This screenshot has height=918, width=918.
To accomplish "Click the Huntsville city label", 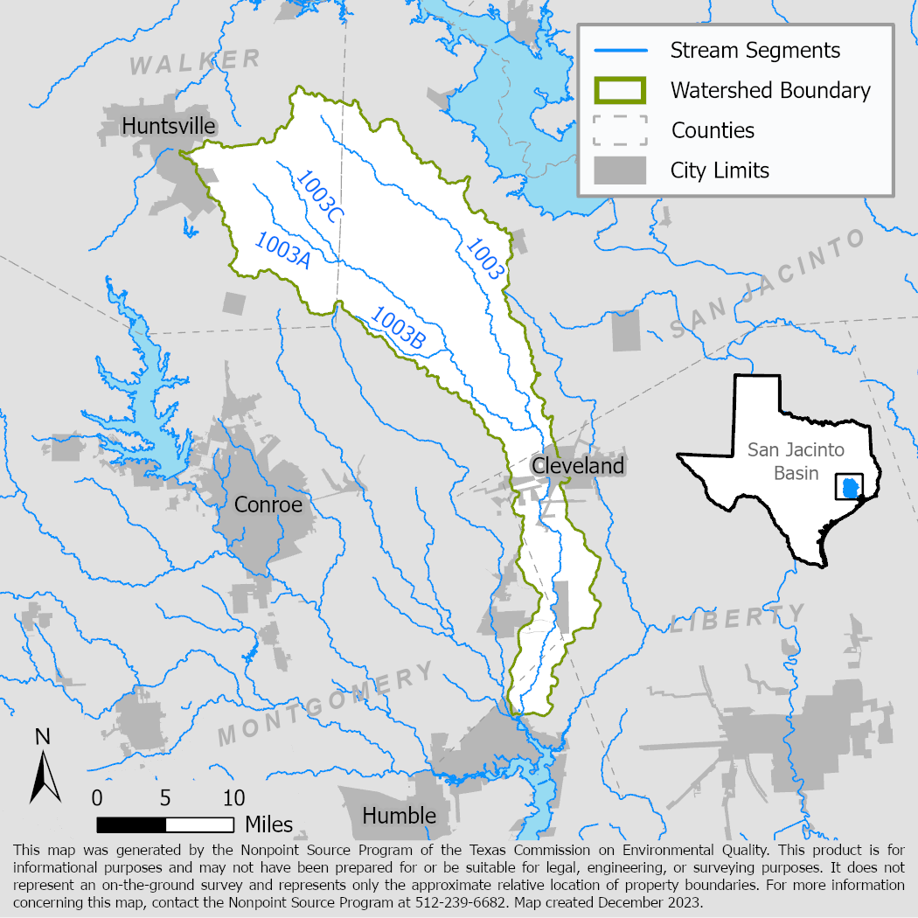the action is coord(169,126).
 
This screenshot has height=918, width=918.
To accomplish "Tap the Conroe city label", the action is coord(268,505).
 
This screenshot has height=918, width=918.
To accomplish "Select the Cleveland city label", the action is coord(578,465).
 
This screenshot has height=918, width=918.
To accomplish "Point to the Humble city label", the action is coord(399,816).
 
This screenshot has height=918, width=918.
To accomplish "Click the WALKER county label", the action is coord(196,62).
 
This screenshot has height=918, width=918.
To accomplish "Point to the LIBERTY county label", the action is coord(738,619).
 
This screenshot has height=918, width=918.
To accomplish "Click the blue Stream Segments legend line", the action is coord(620,50).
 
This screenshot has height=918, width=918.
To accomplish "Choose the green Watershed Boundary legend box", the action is coord(620,90).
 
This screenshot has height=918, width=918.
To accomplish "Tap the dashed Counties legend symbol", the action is coord(620,130).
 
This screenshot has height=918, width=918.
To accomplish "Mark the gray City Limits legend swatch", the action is coord(620,170).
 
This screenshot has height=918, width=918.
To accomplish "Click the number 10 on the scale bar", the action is coord(233,798).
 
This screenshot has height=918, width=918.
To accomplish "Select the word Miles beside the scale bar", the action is coord(269,824).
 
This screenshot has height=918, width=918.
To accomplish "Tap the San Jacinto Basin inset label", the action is coord(783,462).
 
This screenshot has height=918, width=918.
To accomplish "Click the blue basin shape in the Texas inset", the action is coord(850,487).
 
